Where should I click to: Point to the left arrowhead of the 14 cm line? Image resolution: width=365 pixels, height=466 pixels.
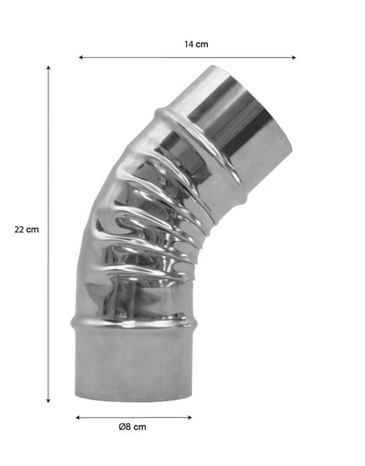point(81,58)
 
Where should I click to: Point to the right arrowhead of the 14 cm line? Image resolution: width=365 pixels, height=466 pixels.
point(294,58)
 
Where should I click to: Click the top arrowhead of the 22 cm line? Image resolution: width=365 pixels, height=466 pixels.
point(48,67)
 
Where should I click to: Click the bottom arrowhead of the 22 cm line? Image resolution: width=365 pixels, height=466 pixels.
point(48,400)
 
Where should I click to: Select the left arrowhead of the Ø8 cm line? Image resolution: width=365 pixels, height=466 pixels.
point(77,416)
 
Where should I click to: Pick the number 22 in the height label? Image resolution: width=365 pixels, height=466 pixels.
point(20,230)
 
